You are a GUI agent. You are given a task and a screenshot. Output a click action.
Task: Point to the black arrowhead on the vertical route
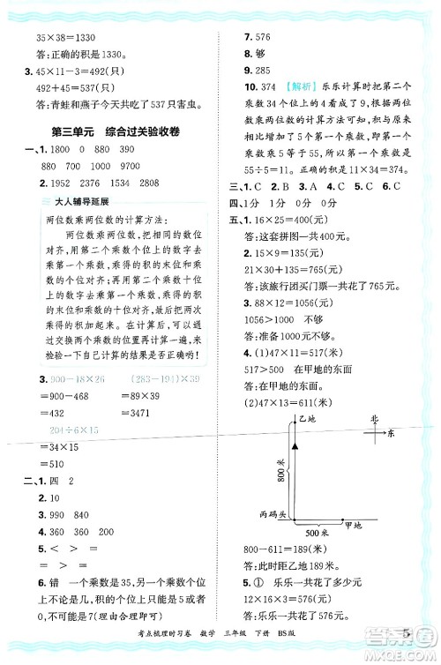coord(296,448)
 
